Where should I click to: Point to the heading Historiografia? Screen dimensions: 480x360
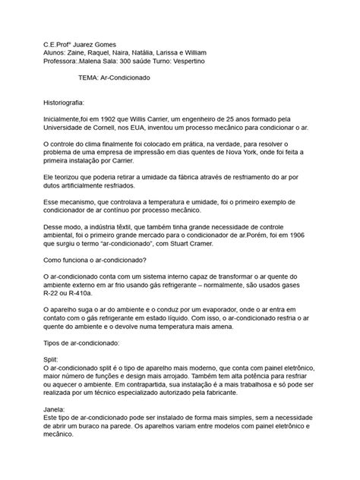click(69, 100)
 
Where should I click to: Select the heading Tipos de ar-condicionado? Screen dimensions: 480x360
click(87, 364)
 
